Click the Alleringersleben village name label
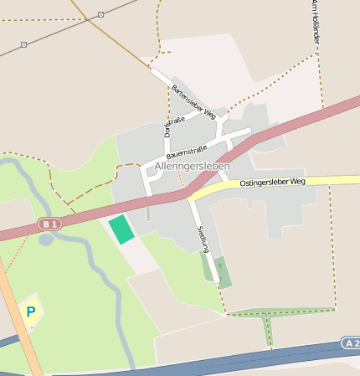coord(195,167)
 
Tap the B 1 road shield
coord(49,224)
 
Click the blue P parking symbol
coord(31,312)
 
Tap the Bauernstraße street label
coord(186,151)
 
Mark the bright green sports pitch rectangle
coord(121,229)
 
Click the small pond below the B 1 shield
coord(46,240)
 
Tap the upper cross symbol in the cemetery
coord(219,264)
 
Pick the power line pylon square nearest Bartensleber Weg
coord(100,14)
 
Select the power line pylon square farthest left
coord(23,44)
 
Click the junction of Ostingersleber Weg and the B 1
coord(189,195)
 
